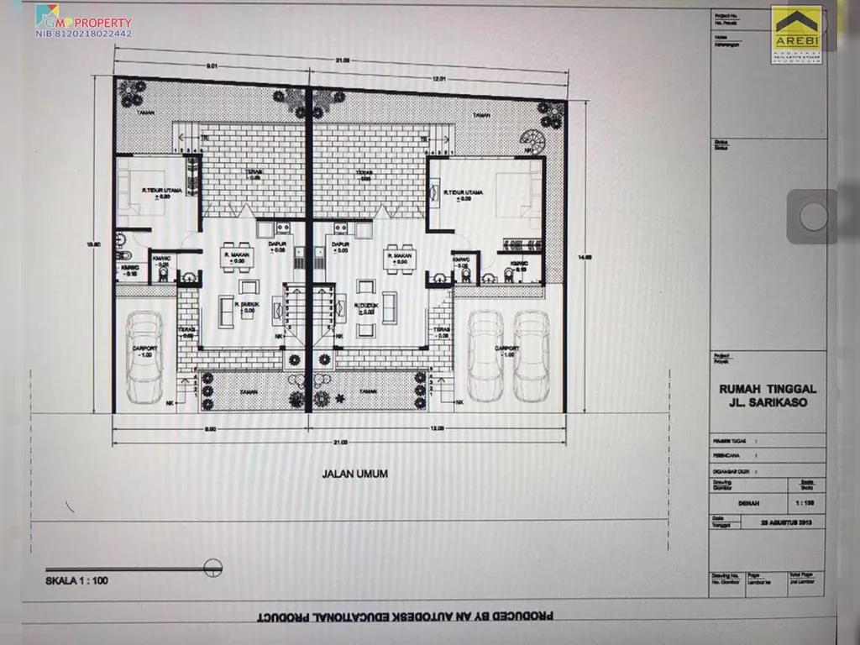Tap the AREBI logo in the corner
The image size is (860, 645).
(796, 34)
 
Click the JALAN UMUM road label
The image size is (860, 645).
(354, 474)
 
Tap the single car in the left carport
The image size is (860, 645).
(144, 356)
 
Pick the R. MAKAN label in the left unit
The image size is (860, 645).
(234, 254)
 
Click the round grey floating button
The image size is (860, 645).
(812, 217)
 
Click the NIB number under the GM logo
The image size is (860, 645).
(82, 34)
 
